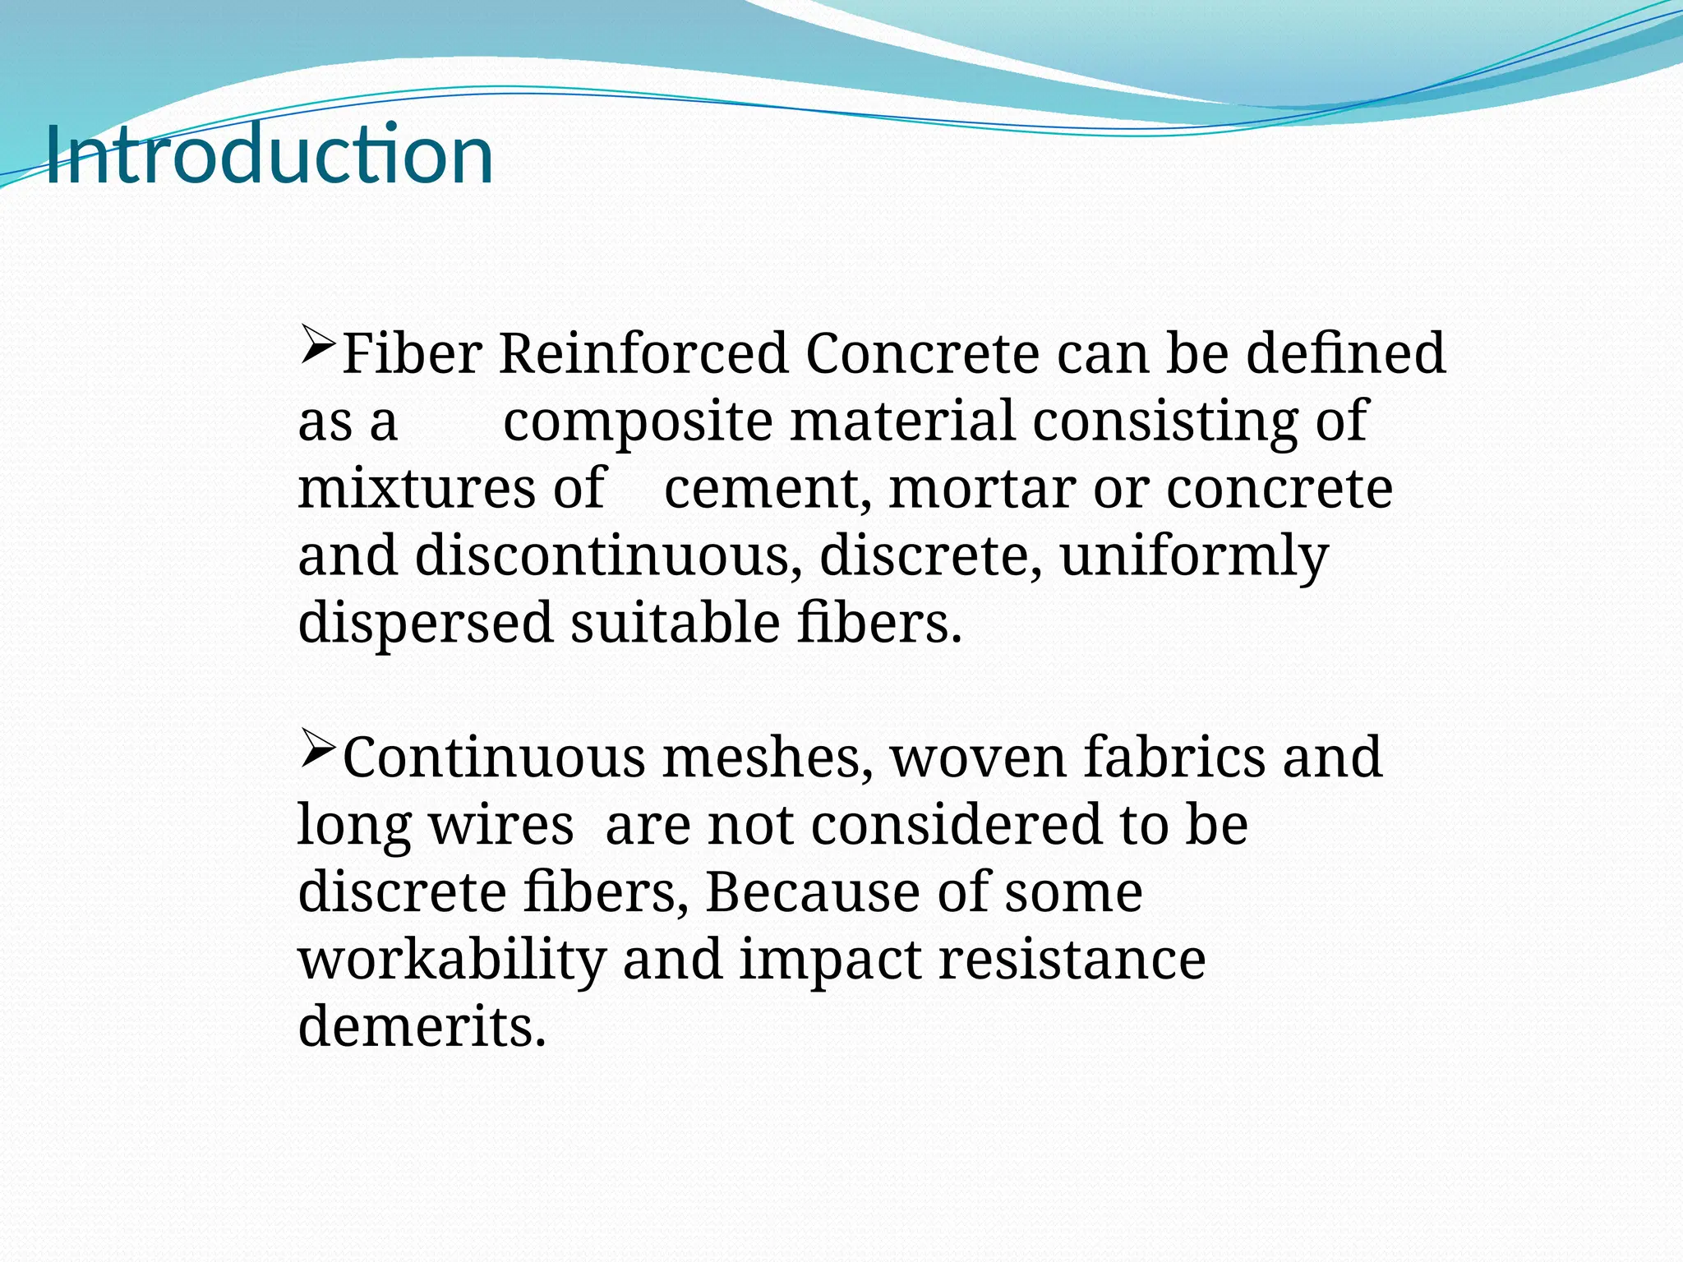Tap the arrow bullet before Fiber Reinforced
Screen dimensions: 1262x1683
(317, 345)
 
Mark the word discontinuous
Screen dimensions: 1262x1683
(608, 555)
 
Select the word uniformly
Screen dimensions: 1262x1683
(1193, 557)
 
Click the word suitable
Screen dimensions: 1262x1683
(675, 623)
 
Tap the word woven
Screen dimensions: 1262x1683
(977, 758)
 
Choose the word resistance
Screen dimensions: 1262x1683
(1072, 960)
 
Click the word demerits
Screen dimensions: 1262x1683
(422, 1027)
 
